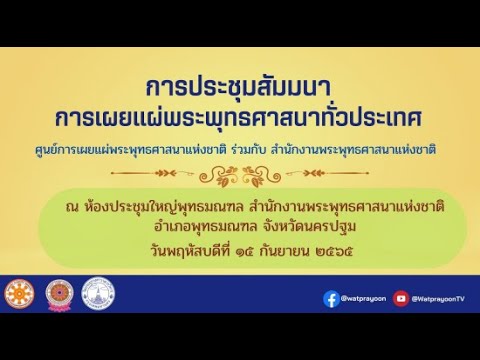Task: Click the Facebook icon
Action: [331, 298]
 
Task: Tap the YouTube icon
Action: [401, 298]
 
